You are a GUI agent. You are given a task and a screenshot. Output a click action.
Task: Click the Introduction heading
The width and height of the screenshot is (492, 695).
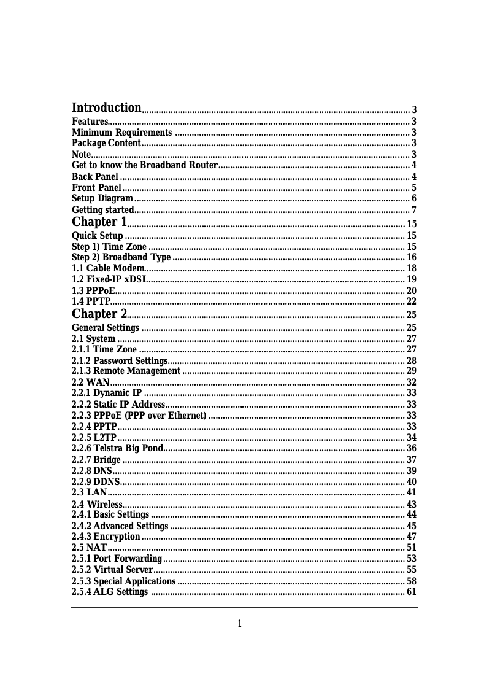[107, 108]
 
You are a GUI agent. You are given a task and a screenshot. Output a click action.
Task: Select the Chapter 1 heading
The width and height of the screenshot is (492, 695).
[99, 222]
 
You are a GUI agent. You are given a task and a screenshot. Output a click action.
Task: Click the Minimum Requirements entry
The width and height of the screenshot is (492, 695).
[121, 133]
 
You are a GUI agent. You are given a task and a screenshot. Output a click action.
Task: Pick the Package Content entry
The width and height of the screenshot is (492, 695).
[106, 143]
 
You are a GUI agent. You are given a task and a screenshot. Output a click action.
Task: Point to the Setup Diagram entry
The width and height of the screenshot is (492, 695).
[102, 198]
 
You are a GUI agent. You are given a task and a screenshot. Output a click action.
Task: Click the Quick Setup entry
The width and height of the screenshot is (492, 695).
[98, 236]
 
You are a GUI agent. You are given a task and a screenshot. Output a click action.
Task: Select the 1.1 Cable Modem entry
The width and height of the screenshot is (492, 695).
[108, 268]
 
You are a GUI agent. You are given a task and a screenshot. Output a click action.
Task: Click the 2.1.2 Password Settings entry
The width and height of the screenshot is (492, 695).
[120, 360]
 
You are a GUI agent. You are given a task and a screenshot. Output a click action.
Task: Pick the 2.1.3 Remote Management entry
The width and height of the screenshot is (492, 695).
[126, 371]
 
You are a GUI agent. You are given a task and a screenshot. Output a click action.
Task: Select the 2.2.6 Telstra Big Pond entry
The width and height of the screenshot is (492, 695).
[117, 448]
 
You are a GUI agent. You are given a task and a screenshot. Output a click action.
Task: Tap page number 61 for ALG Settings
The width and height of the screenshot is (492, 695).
[412, 592]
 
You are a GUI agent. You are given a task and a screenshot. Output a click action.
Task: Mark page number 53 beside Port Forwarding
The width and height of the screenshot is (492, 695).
[412, 559]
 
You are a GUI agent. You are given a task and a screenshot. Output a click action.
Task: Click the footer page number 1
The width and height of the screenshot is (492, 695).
[240, 624]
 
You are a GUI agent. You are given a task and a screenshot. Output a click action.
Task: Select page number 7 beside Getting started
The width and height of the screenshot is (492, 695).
[414, 210]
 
